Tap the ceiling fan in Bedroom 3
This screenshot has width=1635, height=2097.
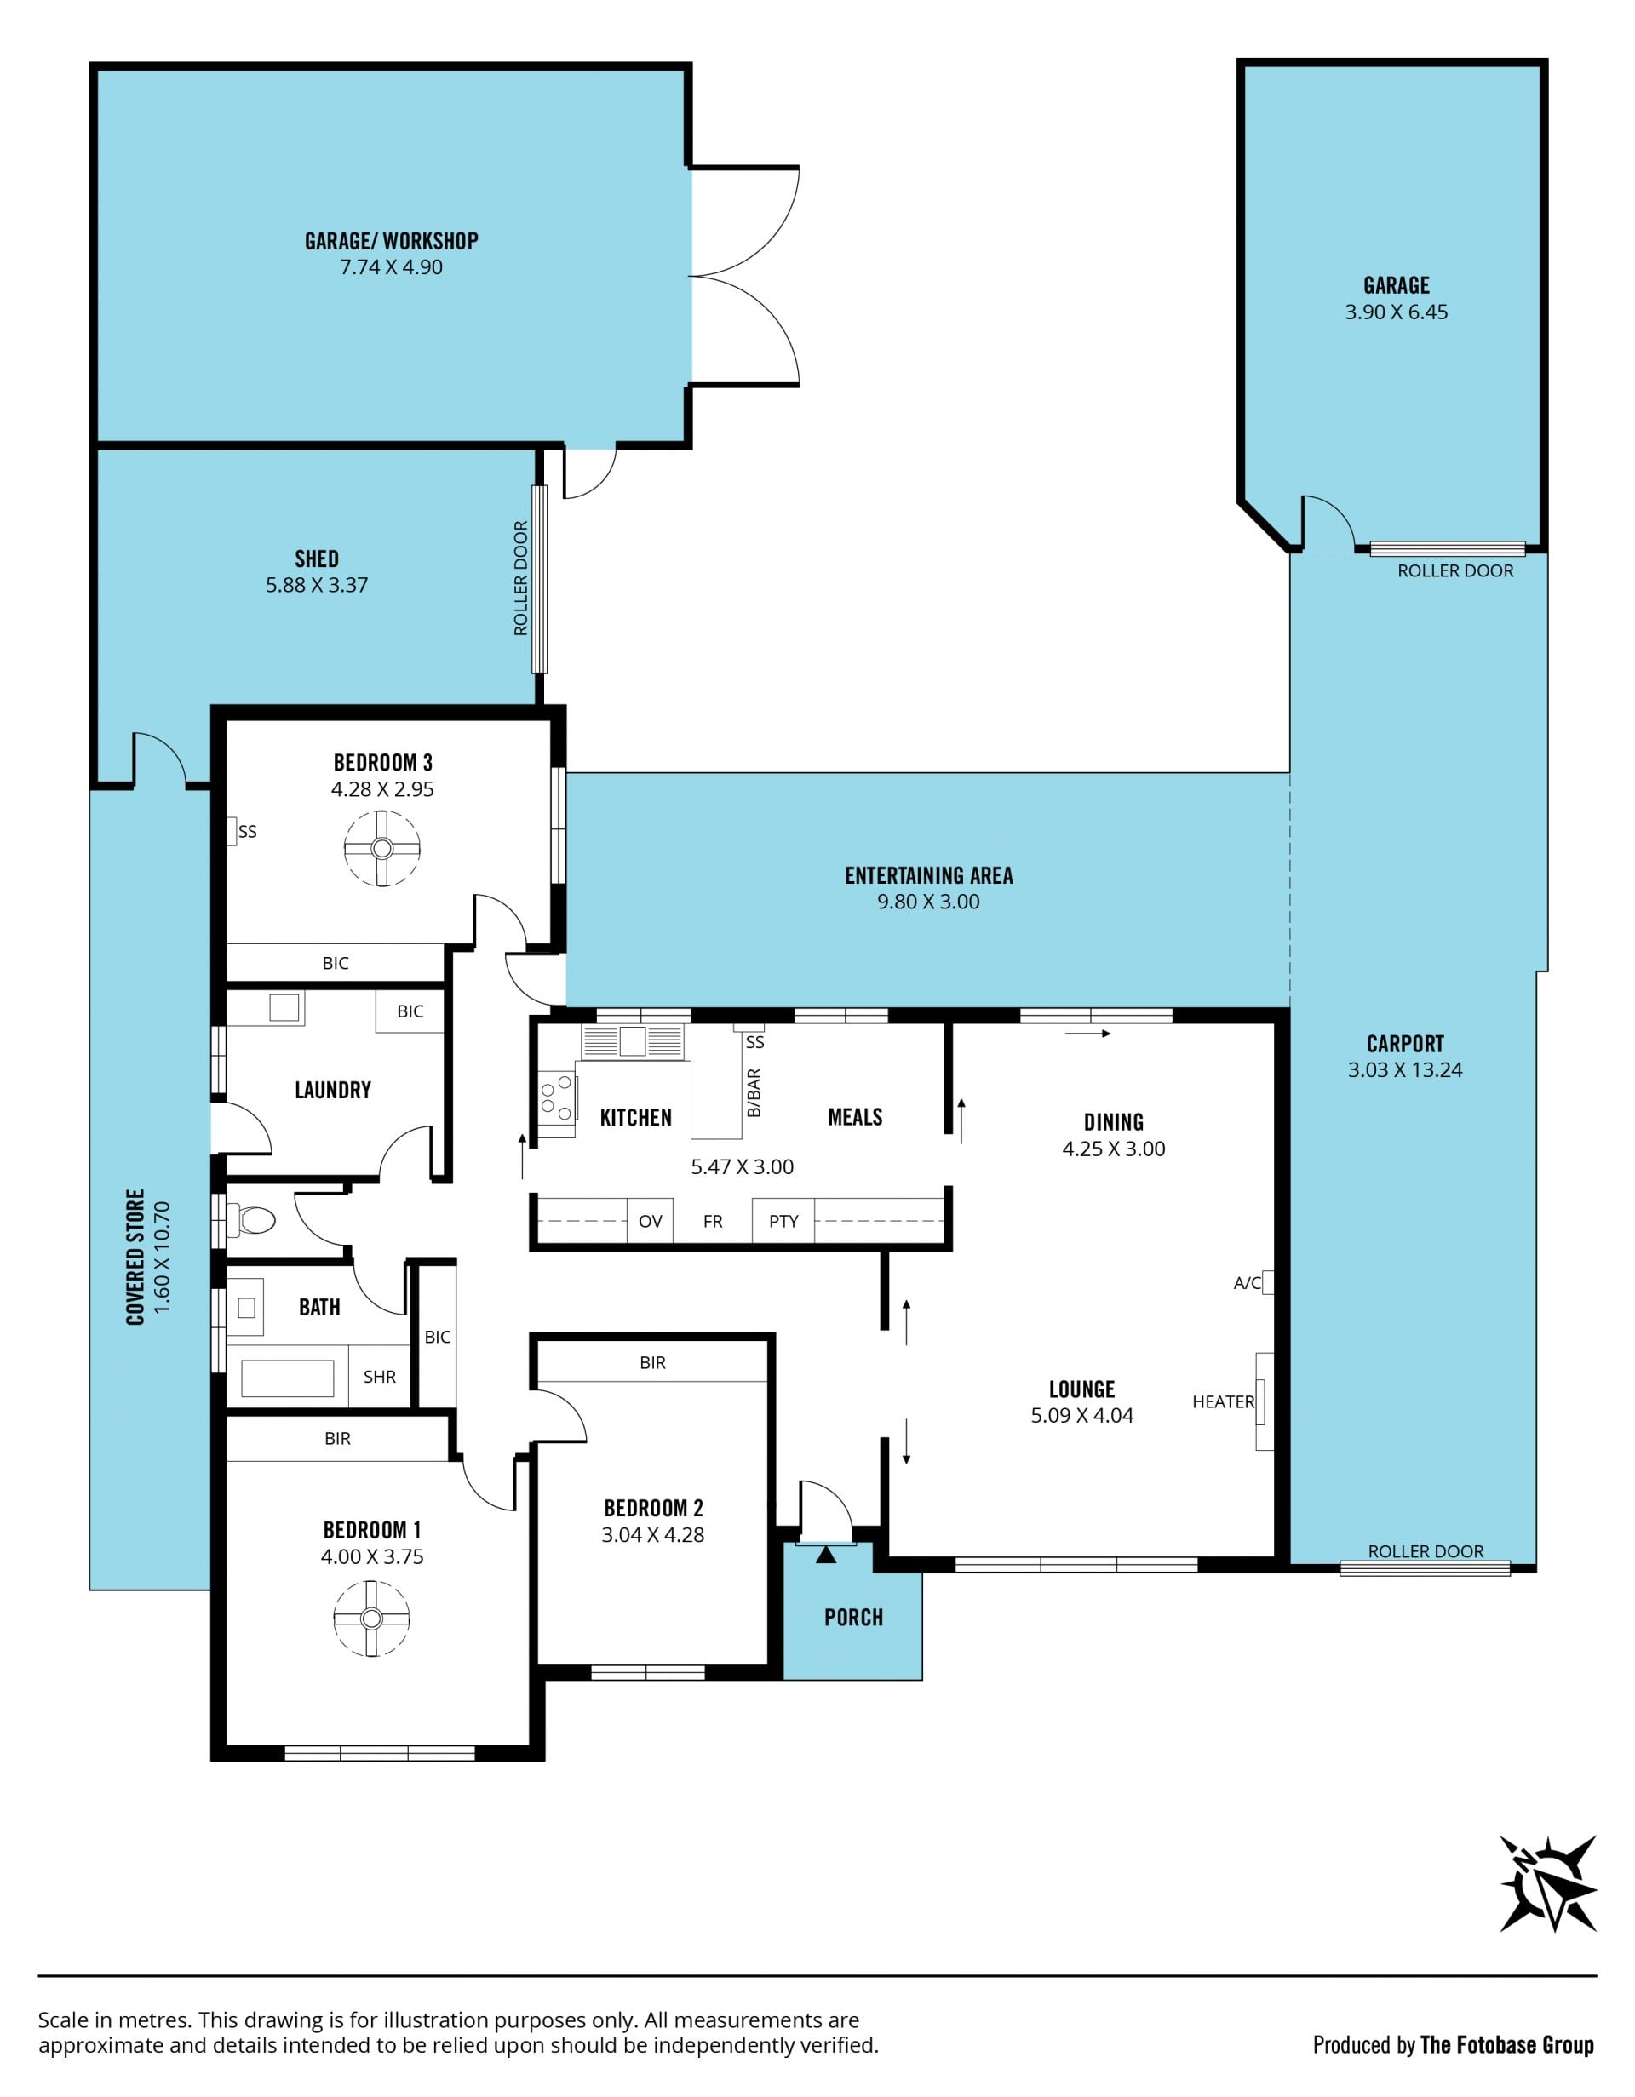point(382,848)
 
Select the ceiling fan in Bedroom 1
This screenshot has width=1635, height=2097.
point(371,1618)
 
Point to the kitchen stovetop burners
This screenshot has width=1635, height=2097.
point(557,1100)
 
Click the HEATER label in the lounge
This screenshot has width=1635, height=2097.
point(1223,1402)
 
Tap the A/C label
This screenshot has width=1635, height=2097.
point(1248,1283)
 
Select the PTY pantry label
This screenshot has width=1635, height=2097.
point(783,1221)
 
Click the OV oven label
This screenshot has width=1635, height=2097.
point(650,1221)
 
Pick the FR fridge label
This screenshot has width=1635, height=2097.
point(713,1221)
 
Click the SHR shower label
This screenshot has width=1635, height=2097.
point(379,1377)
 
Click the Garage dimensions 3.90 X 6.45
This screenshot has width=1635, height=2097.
point(1396,312)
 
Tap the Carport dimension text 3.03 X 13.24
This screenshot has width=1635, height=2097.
point(1404,1069)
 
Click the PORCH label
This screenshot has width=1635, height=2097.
point(853,1617)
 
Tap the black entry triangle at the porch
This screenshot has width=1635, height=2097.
point(826,1554)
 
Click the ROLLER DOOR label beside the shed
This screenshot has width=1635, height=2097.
point(521,578)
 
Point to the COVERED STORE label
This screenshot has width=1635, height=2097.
point(135,1258)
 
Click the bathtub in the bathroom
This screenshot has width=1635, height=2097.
point(288,1378)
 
